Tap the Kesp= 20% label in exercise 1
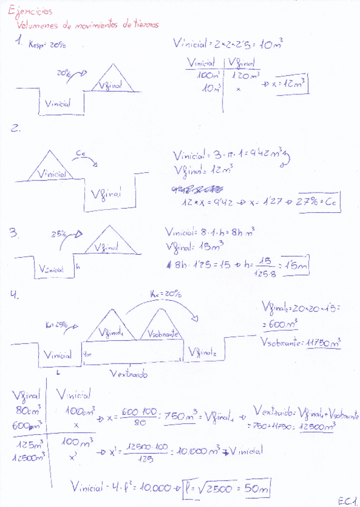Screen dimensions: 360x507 47,44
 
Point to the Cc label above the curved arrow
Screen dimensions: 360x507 81,155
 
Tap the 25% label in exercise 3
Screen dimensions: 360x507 59,234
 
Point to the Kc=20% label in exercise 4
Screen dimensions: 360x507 166,294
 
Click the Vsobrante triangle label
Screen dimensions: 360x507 163,335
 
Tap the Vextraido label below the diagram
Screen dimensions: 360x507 129,373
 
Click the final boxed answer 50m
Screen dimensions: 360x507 258,488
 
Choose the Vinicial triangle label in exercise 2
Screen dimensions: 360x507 53,174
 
